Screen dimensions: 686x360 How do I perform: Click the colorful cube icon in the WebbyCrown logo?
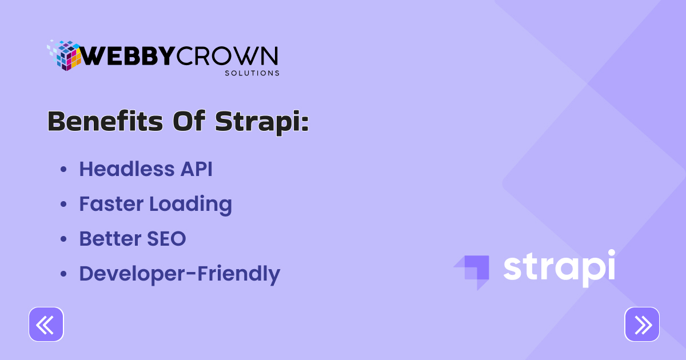coord(63,55)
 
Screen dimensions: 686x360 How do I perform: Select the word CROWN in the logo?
coord(227,56)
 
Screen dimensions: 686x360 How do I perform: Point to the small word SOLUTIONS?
coord(252,73)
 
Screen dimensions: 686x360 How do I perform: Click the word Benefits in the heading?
coord(105,122)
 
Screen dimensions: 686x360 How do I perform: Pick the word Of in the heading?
coord(189,121)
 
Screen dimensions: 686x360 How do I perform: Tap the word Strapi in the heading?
coord(262,123)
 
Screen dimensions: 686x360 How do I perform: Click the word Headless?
coord(127,169)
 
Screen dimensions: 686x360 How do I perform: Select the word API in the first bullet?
coord(196,169)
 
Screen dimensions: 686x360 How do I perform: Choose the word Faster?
coord(111,204)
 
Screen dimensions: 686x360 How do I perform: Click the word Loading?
coord(191,205)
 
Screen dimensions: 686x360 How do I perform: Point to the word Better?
coord(110,239)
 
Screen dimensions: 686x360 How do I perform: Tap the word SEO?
coord(166,239)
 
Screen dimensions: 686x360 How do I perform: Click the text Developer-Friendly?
coord(180,274)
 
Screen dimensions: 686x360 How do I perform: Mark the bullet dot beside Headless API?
coord(63,169)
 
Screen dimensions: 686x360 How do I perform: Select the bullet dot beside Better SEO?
coord(63,239)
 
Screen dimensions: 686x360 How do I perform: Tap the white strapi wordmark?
coord(559,268)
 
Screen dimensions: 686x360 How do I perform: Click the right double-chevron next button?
coord(642,324)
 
